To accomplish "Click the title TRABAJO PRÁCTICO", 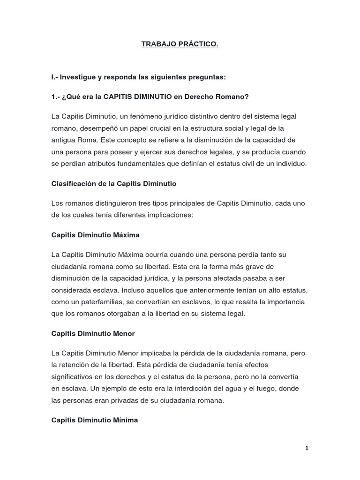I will [x=180, y=45].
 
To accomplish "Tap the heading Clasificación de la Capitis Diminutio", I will [x=114, y=184].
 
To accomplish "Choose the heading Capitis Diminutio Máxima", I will [x=96, y=235].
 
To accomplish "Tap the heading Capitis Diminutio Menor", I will [x=93, y=334].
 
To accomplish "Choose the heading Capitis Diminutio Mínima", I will [x=95, y=420].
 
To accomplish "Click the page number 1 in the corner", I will [x=307, y=448].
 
